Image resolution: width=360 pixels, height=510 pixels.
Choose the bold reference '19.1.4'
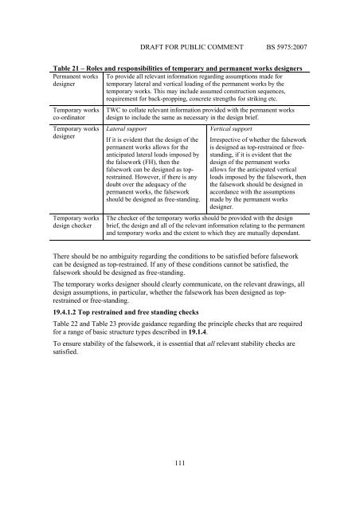221,336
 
